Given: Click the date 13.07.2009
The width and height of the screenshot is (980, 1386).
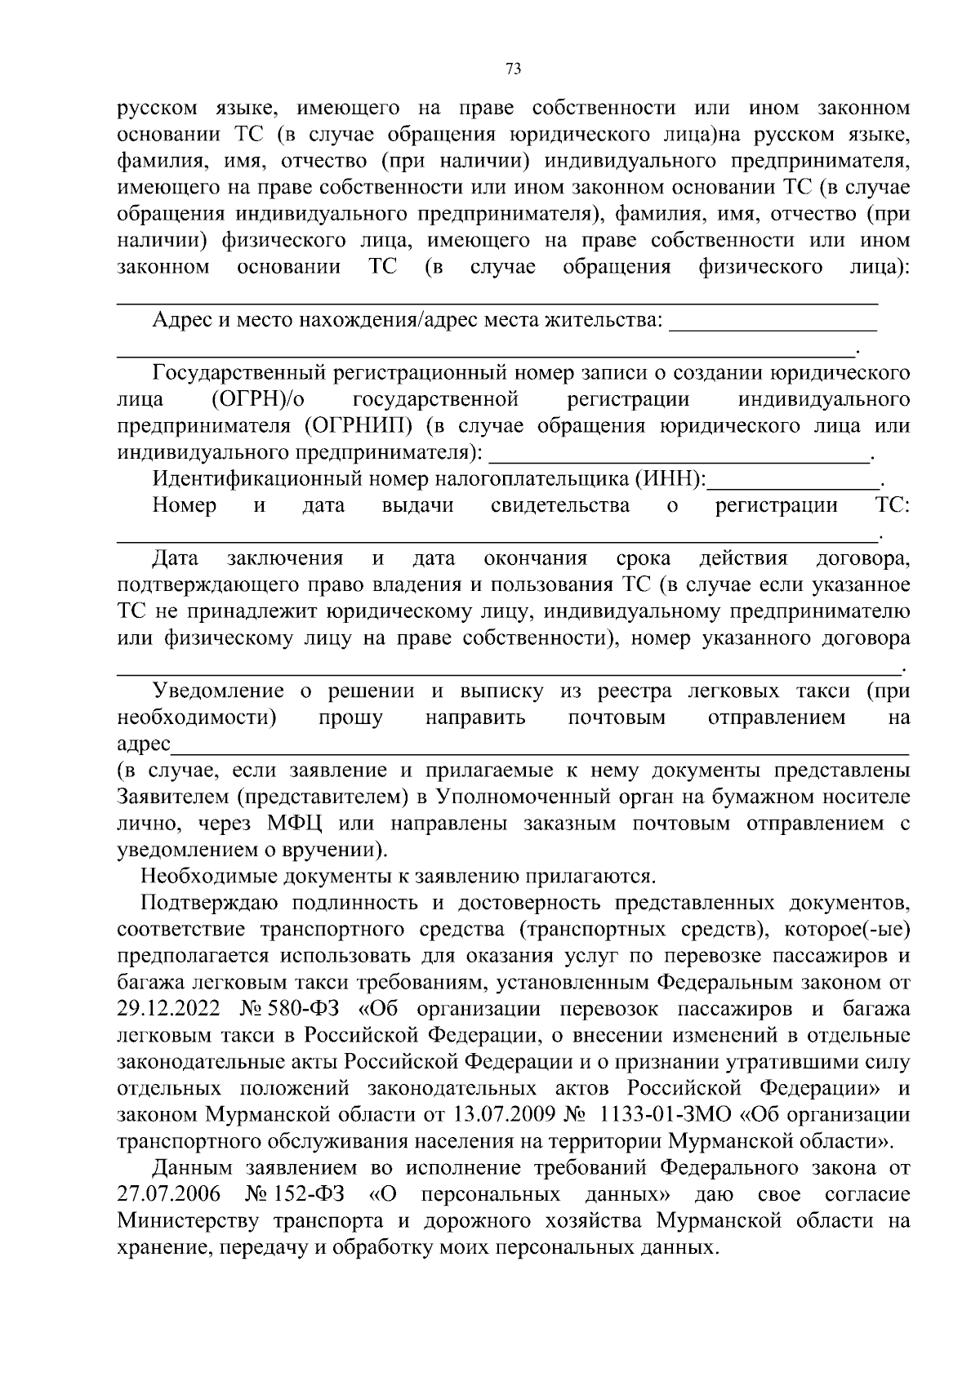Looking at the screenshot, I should click(505, 1114).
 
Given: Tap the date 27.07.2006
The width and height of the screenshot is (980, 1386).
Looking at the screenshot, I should click(168, 1194).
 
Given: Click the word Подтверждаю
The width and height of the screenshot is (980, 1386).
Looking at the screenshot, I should click(210, 904).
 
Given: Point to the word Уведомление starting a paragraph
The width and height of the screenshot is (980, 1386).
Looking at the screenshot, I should click(219, 691).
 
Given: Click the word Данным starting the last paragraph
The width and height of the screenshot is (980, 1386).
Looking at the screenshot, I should click(193, 1168).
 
